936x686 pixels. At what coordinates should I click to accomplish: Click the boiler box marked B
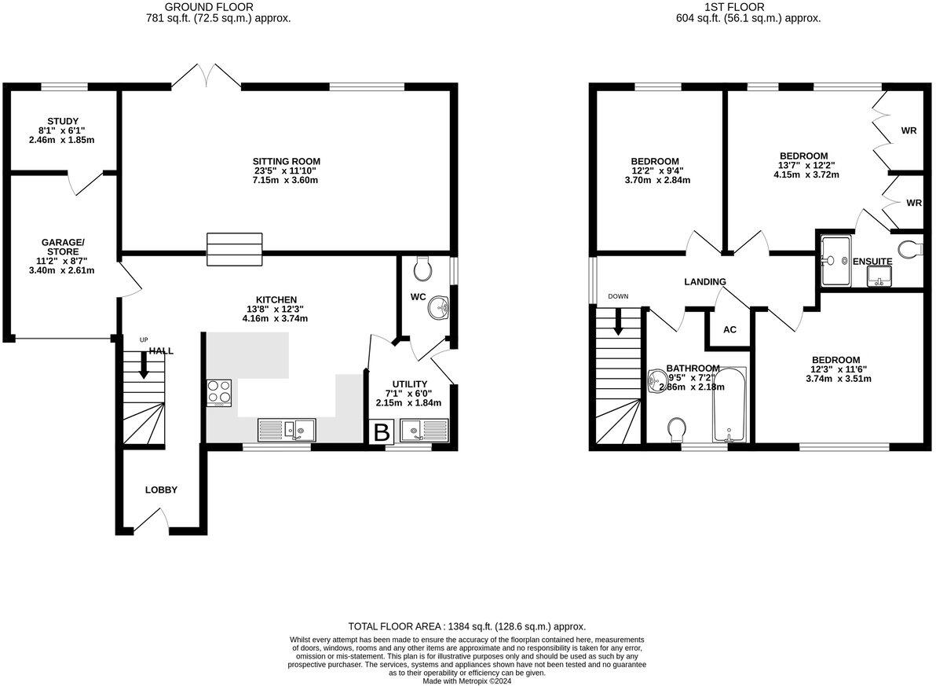coord(382,432)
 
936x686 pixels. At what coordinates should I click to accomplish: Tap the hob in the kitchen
coord(220,392)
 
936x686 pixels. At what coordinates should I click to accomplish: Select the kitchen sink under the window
coord(287,429)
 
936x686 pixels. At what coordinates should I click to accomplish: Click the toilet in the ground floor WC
coord(422,270)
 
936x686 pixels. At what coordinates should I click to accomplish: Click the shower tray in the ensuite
coord(835,259)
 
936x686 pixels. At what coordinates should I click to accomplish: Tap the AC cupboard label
coord(729,329)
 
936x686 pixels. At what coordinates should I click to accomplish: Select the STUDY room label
coord(63,121)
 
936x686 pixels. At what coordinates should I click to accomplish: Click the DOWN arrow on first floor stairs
coord(619,321)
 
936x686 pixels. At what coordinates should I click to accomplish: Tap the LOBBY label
coord(161,490)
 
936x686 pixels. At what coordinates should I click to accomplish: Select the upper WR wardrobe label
coord(909,130)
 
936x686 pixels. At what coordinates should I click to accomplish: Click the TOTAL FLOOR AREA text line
coord(467,626)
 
